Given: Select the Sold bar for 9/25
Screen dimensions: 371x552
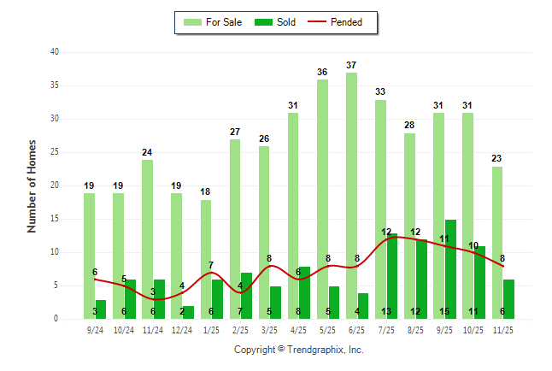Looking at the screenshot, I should (450, 268).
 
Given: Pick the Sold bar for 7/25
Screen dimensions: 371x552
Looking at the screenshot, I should (392, 275).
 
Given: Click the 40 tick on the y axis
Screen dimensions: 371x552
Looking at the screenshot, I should (54, 52).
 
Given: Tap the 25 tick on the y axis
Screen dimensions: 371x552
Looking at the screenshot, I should (54, 152).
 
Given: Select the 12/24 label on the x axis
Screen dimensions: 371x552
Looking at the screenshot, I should (182, 329).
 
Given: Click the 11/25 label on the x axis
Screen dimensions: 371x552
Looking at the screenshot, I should (503, 329).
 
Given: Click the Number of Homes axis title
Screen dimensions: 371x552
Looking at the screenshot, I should (32, 185).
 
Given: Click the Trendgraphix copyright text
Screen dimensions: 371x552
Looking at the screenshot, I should (299, 350).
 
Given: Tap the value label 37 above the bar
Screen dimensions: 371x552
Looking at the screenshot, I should (351, 65).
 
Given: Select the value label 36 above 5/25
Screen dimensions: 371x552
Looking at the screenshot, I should (322, 72).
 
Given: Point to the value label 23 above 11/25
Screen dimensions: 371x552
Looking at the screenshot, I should (497, 158).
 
